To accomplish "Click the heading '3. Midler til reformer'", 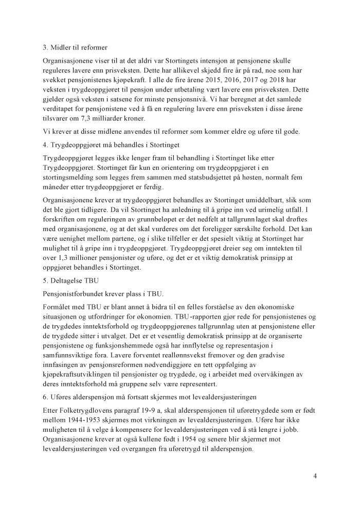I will point(75,48).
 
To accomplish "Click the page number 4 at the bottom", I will point(315,476).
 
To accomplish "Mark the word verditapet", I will point(58,108).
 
